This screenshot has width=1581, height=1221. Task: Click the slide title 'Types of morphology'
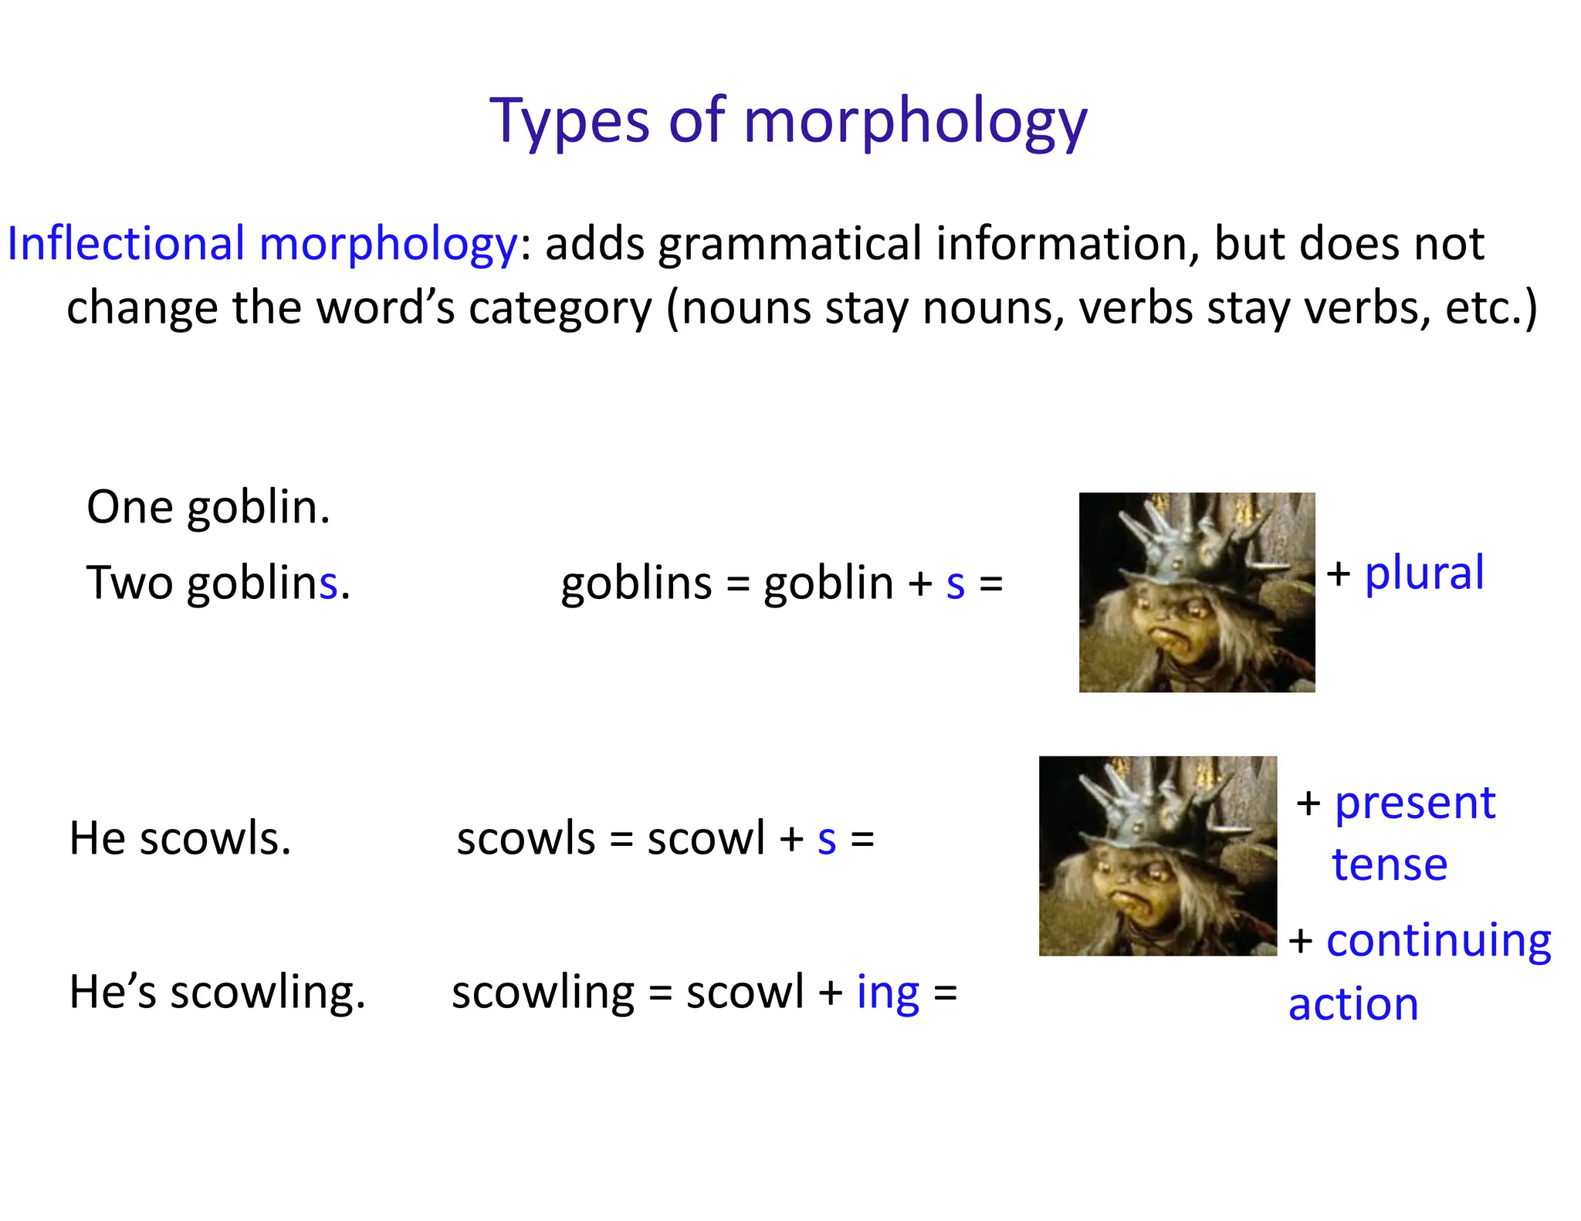[788, 122]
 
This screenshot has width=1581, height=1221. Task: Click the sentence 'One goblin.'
[208, 508]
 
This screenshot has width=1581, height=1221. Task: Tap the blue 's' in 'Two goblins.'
[328, 583]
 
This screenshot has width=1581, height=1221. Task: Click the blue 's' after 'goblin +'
[955, 584]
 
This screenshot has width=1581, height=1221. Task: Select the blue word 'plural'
[1424, 573]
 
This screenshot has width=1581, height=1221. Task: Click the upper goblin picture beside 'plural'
[1197, 592]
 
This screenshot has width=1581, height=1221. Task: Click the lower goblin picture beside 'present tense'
[1158, 856]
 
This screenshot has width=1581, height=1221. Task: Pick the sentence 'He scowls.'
[180, 839]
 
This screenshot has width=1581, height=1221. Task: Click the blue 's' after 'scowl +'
[827, 840]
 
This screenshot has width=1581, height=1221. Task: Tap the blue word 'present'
[1415, 803]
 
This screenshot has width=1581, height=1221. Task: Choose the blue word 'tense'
[1390, 864]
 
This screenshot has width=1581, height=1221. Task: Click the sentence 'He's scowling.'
[217, 993]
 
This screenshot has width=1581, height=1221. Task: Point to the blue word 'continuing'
[1438, 942]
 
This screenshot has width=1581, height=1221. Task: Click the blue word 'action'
[1353, 1005]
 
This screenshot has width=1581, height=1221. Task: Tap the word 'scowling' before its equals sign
[543, 993]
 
